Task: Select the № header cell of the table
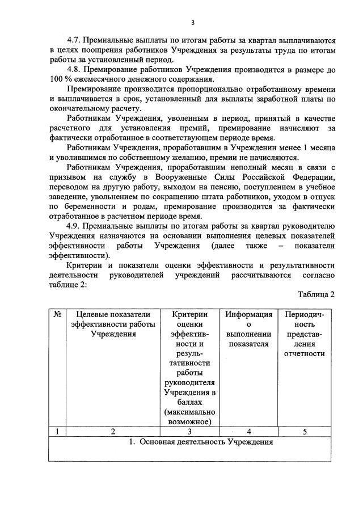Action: [57, 314]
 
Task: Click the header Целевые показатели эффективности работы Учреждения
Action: [113, 323]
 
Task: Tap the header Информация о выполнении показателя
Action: [248, 328]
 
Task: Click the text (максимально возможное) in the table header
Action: [188, 416]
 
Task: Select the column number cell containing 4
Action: [248, 432]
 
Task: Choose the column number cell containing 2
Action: [113, 432]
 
